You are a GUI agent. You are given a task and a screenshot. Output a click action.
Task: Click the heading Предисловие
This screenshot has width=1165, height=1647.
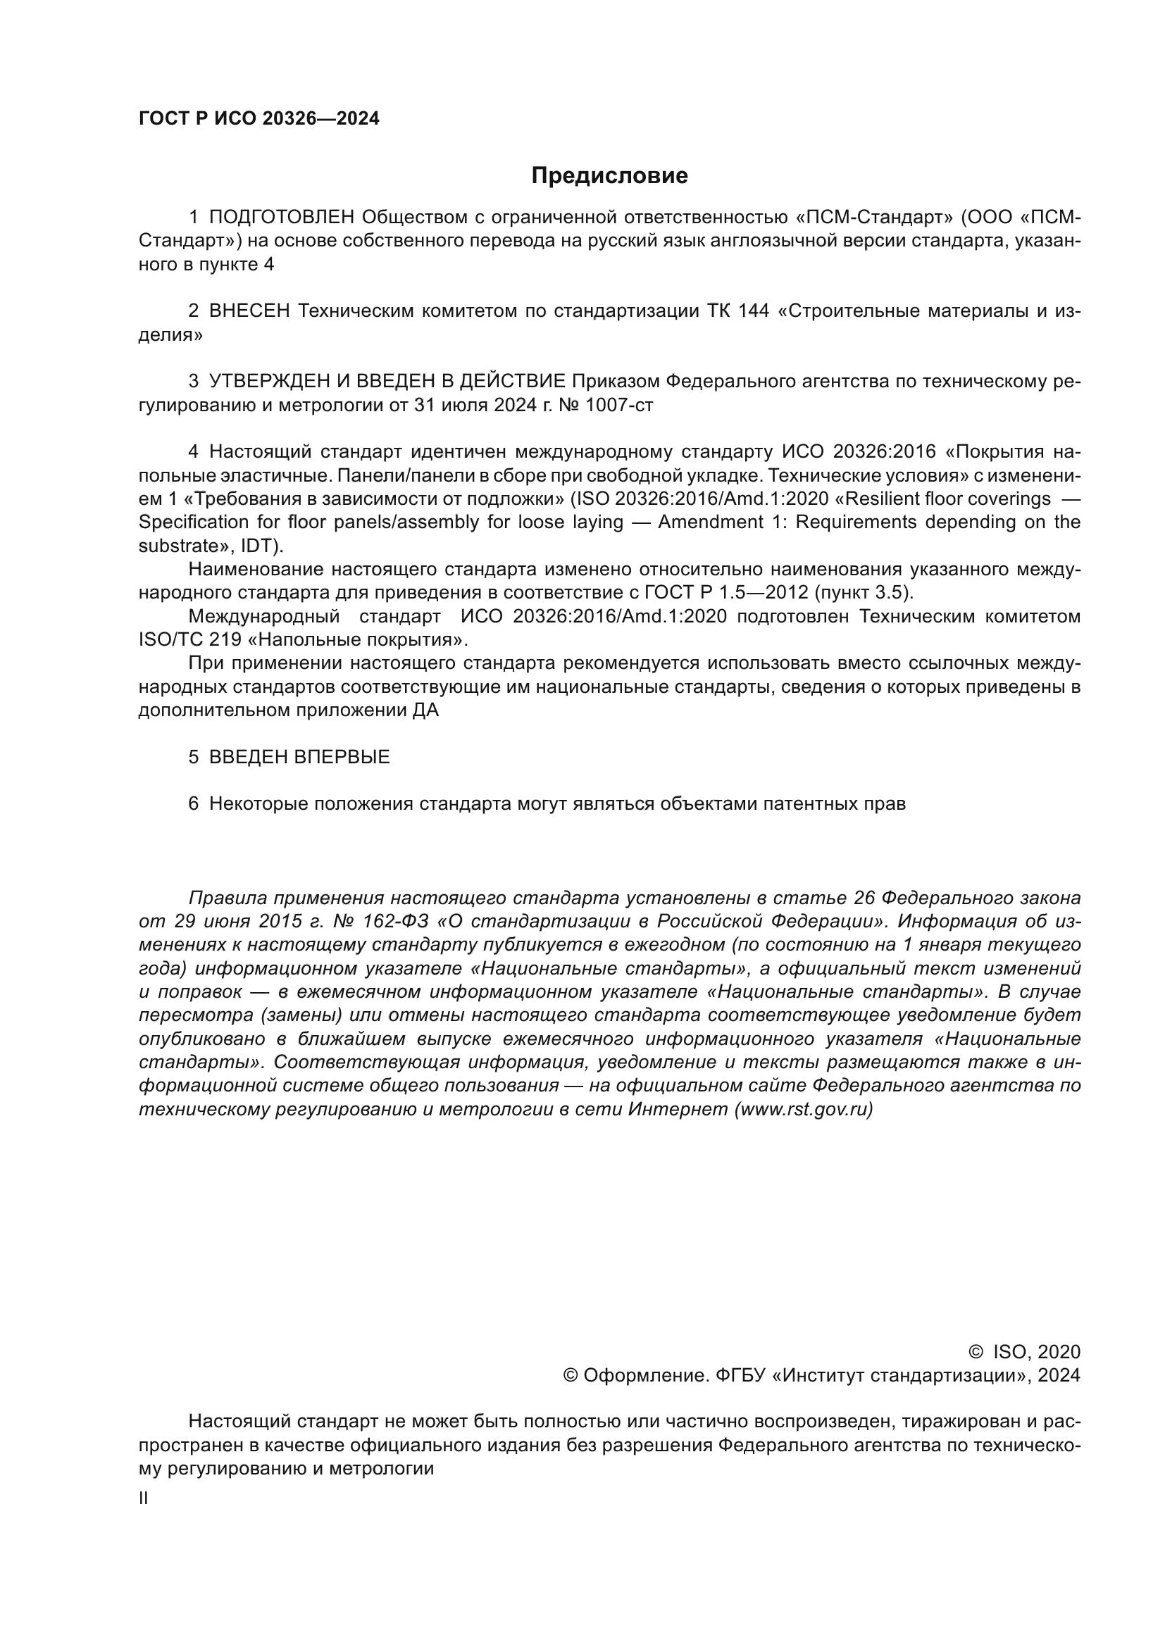(609, 176)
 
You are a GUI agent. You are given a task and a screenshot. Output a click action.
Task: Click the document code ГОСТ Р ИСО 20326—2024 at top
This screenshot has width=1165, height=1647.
(258, 119)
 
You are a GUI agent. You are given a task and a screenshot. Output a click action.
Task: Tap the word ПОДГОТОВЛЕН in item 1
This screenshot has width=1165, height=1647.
(282, 218)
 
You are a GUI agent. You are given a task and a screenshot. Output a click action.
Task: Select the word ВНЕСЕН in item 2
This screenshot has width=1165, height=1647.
(249, 311)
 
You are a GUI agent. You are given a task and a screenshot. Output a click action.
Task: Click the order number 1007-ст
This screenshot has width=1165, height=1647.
(619, 406)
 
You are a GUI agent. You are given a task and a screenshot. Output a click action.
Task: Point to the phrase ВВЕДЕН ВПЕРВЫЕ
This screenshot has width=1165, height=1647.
(299, 758)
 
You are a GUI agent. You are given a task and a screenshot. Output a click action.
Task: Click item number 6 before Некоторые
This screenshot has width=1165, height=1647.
(193, 804)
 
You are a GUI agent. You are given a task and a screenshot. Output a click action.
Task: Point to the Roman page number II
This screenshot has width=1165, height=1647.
(144, 1498)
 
